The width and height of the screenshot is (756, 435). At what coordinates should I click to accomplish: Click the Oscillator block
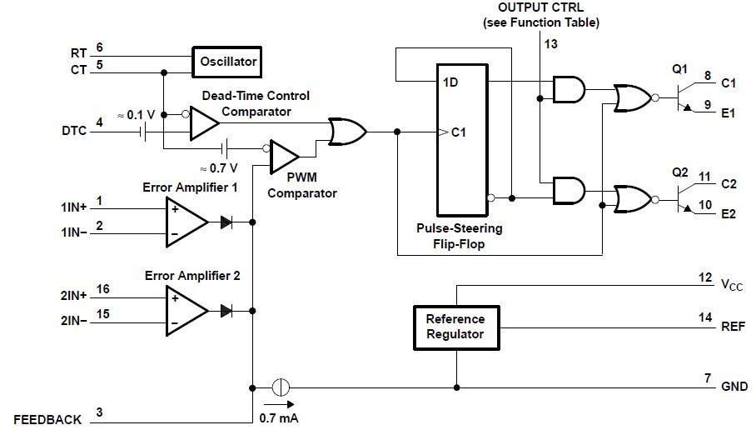point(227,61)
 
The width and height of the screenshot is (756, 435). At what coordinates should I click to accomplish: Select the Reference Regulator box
point(455,326)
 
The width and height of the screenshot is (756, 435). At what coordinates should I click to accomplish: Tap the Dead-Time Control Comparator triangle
point(202,123)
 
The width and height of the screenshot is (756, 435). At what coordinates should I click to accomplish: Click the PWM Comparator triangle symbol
point(285,155)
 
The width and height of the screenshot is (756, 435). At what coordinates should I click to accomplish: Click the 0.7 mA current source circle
point(281,387)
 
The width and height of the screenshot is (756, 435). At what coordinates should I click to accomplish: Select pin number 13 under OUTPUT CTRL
point(550,42)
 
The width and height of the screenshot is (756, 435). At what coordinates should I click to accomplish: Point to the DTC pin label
point(72,132)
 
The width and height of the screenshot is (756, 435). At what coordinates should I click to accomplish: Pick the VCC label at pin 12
point(732,286)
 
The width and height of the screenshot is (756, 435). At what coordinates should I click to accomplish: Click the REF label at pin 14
point(730,327)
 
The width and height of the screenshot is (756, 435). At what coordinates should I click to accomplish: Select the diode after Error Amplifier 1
point(226,222)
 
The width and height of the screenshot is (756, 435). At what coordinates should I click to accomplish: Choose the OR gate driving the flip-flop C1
point(346,132)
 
